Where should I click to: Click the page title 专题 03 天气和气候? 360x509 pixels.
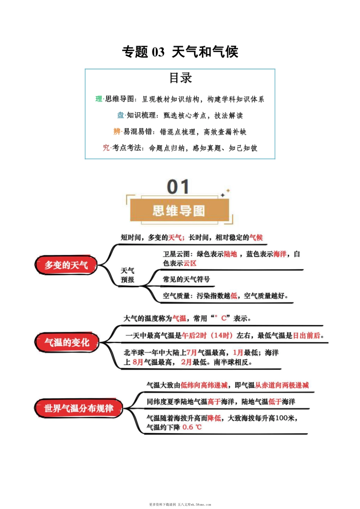tap(180, 52)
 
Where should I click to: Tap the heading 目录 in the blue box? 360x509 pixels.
tap(180, 78)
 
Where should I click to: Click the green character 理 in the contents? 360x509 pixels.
tap(99, 99)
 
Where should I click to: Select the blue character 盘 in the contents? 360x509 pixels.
tap(121, 116)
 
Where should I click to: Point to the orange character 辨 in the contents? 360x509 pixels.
tap(117, 132)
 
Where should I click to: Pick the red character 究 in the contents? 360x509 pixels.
tap(106, 148)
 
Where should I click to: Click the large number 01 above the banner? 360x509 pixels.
tap(178, 187)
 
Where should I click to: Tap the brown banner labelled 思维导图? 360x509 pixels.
tap(179, 211)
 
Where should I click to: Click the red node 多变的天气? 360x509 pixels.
tap(66, 265)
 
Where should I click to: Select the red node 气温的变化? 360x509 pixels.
tap(67, 343)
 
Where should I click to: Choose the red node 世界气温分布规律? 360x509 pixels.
tap(79, 409)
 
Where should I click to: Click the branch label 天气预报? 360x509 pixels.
tap(128, 276)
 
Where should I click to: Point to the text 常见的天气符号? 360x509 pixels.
tap(186, 279)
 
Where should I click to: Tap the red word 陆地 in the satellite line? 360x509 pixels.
tap(230, 254)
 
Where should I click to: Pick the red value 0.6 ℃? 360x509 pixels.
tap(192, 428)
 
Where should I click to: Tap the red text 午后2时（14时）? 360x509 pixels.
tap(207, 335)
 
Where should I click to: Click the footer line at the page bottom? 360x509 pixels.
tap(180, 504)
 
